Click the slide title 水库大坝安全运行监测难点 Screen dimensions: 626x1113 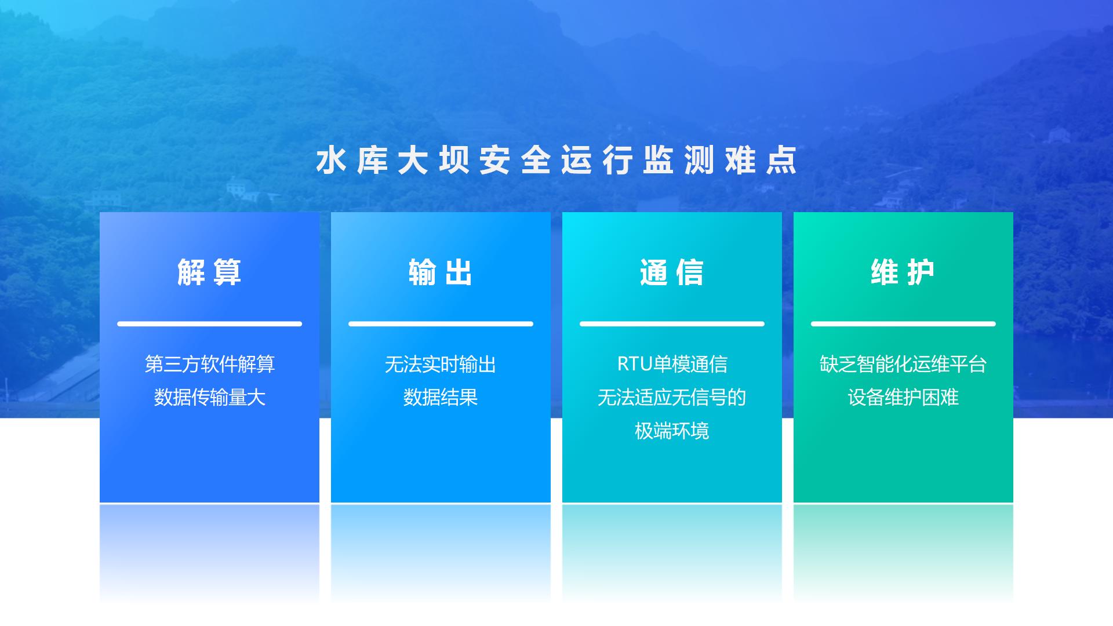[x=556, y=161]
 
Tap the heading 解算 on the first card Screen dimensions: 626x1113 [x=209, y=272]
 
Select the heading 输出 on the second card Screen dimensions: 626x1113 [x=441, y=272]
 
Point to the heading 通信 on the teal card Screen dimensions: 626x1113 [x=672, y=272]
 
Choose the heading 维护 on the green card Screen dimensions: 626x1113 [x=903, y=272]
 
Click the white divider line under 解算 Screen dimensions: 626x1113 [x=209, y=323]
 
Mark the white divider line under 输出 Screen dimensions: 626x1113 [x=441, y=323]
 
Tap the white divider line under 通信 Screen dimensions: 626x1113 [x=672, y=323]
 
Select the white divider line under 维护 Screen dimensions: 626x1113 [x=903, y=323]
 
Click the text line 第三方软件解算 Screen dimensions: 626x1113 [x=209, y=364]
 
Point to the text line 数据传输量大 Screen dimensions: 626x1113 [x=209, y=398]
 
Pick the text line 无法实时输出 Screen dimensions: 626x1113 [x=441, y=364]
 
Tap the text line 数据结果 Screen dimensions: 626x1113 [x=441, y=398]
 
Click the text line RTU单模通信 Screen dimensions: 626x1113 [x=672, y=364]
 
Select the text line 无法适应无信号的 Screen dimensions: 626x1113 [x=672, y=398]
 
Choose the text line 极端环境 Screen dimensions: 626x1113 [x=672, y=431]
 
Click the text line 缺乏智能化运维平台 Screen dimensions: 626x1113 [x=903, y=364]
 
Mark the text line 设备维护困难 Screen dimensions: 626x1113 [x=903, y=398]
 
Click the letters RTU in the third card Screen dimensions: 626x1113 [x=635, y=364]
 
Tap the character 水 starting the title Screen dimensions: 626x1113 [x=331, y=161]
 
